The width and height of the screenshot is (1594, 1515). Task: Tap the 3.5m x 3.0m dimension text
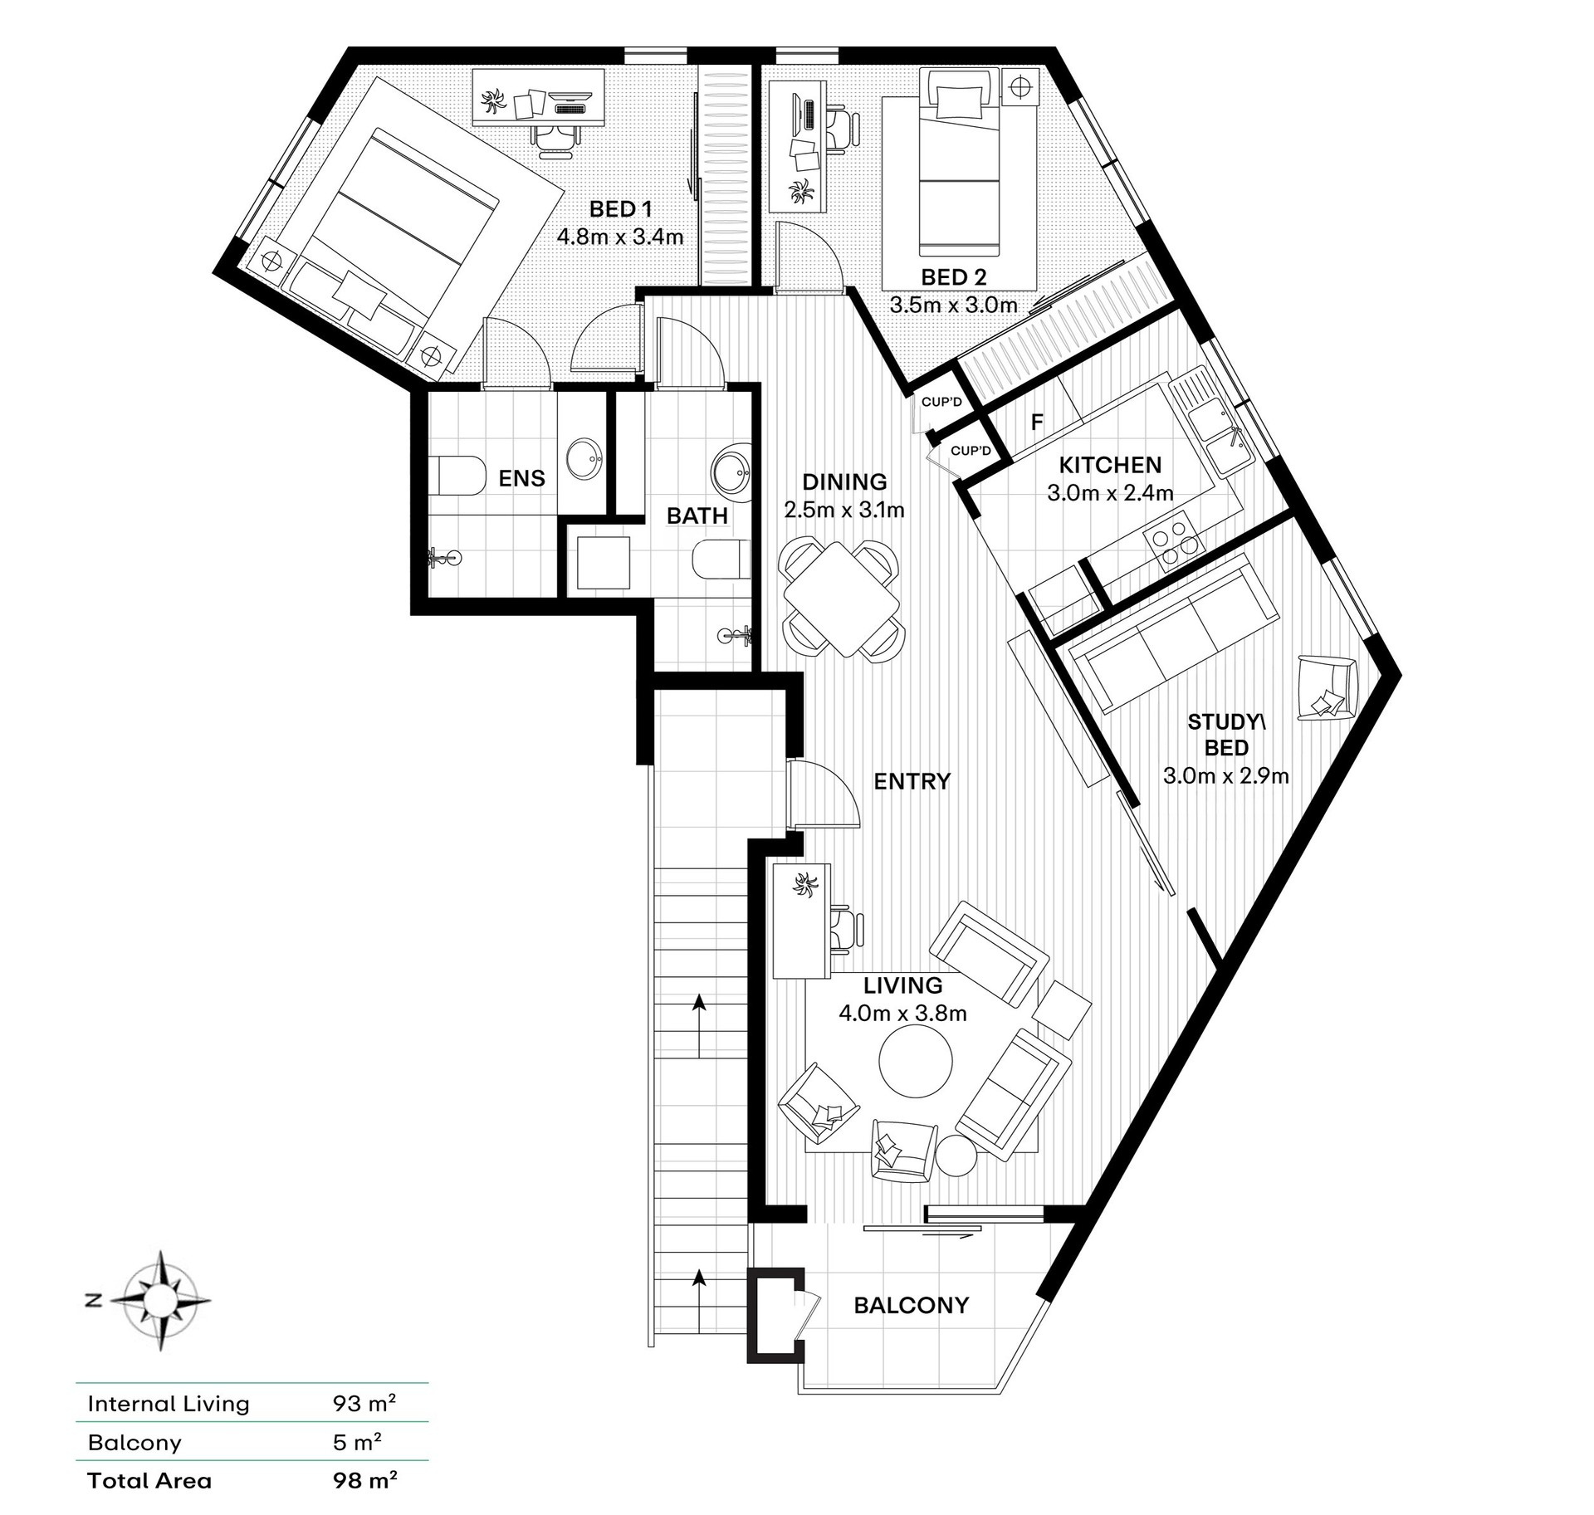[x=954, y=305]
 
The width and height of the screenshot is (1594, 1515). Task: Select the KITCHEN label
[x=1110, y=465]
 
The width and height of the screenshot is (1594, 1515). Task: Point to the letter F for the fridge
[x=1037, y=422]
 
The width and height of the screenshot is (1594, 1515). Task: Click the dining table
[x=841, y=599]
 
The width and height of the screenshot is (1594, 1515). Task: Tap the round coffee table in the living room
[x=917, y=1063]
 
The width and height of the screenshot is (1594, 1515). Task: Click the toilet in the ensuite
[x=459, y=475]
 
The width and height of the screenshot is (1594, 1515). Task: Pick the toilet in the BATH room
[x=721, y=559]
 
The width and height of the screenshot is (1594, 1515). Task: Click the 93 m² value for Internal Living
[x=364, y=1404]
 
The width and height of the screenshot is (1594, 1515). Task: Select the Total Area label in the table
[x=149, y=1480]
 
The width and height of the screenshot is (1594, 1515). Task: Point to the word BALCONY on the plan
[x=912, y=1306]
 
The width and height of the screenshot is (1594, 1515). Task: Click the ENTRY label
[x=912, y=781]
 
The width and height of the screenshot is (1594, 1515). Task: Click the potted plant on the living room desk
[x=805, y=886]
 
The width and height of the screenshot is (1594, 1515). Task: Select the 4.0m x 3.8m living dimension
[x=903, y=1013]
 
